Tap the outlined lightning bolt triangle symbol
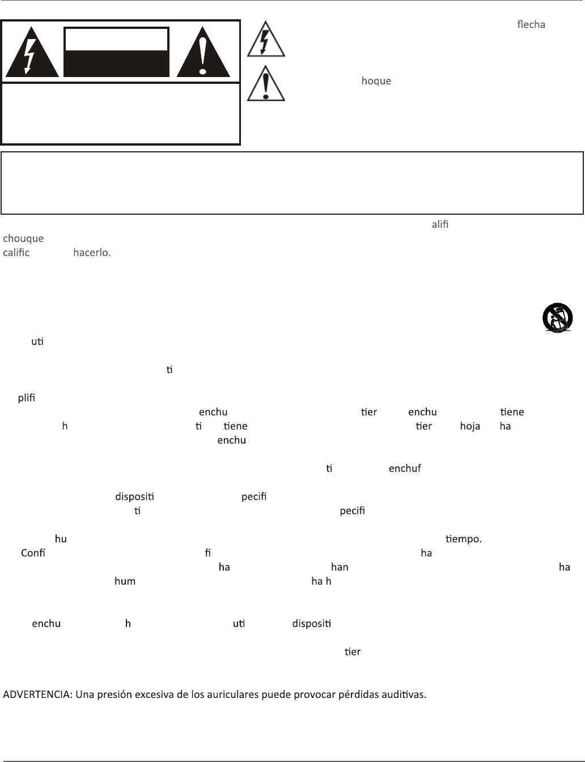point(266,40)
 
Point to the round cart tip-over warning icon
point(557,318)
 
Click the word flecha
point(531,25)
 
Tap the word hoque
point(376,81)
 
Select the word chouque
point(23,238)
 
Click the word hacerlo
point(92,252)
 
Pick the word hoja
point(470,426)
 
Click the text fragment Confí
point(33,553)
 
